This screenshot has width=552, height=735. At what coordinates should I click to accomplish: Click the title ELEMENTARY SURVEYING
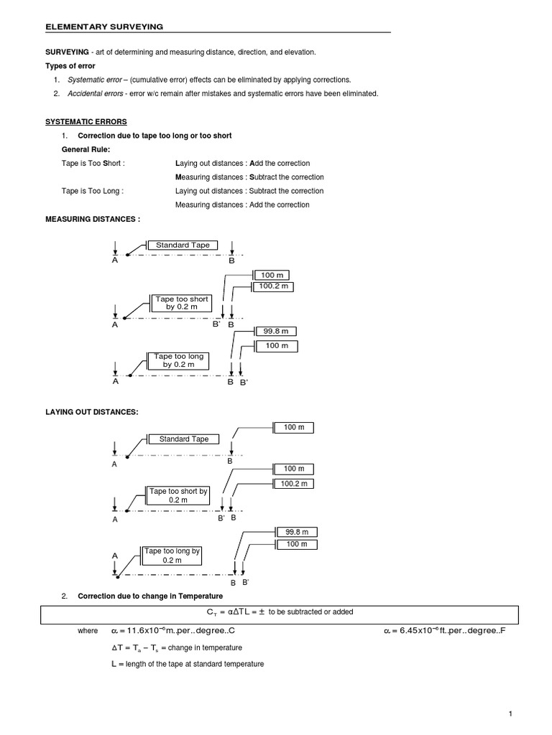(x=104, y=27)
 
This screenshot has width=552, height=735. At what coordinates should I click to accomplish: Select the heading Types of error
(x=70, y=66)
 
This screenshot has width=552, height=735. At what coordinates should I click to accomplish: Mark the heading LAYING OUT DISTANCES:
(x=91, y=411)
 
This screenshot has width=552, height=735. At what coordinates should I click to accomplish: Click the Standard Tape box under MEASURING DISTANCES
(x=183, y=245)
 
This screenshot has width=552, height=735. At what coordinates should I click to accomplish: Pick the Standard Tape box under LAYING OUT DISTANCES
(x=183, y=439)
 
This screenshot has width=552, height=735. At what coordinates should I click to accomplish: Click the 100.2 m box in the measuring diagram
(x=273, y=287)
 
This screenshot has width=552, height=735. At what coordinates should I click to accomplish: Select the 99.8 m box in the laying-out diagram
(x=296, y=532)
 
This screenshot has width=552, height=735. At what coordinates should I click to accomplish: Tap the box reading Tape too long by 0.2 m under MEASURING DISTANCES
(x=179, y=360)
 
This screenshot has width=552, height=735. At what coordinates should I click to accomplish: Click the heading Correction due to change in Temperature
(x=150, y=596)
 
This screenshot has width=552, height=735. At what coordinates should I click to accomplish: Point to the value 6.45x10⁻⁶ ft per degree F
(x=443, y=631)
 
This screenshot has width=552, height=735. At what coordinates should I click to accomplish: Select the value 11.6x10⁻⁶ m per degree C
(x=174, y=631)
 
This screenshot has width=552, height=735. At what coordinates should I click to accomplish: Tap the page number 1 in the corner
(x=510, y=713)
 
